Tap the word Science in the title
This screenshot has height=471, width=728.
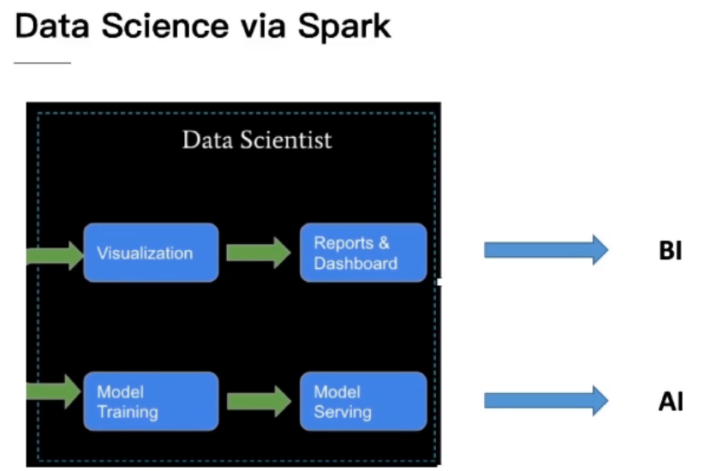point(164,26)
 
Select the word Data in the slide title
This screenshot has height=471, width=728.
point(52,26)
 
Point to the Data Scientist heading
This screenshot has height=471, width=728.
point(257,140)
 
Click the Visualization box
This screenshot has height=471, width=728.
point(151,253)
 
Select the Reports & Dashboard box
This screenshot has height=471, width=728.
point(363,253)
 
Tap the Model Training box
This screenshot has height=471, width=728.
point(151,402)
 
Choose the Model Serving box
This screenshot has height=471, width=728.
point(363,402)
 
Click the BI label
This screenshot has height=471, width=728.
point(671,251)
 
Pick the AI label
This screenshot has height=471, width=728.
point(671,402)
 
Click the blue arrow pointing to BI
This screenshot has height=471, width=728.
point(546,250)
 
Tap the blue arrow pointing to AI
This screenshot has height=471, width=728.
point(546,401)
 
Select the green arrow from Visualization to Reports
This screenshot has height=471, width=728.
point(259,253)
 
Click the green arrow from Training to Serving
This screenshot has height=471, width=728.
point(259,402)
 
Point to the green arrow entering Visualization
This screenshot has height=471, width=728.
point(55,255)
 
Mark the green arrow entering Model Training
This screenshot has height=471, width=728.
point(54,391)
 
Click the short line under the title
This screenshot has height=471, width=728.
point(42,63)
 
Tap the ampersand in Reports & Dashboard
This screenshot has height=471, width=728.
point(384,242)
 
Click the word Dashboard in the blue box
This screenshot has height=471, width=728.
point(355,263)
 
